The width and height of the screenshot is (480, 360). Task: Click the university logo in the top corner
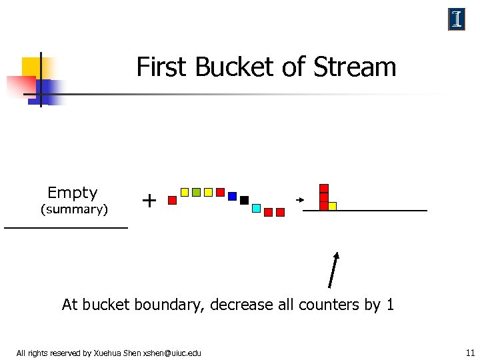pyautogui.click(x=457, y=20)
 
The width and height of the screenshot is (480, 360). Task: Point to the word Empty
pyautogui.click(x=73, y=193)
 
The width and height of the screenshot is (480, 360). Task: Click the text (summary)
pyautogui.click(x=74, y=210)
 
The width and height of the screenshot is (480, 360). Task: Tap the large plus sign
pyautogui.click(x=150, y=199)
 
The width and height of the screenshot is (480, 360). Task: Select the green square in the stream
pyautogui.click(x=196, y=192)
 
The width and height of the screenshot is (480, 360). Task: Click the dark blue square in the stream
pyautogui.click(x=232, y=196)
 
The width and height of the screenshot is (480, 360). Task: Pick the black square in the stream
pyautogui.click(x=244, y=200)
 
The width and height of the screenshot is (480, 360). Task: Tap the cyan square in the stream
pyautogui.click(x=256, y=208)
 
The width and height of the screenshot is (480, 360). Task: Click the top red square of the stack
pyautogui.click(x=324, y=188)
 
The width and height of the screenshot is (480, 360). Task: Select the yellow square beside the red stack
pyautogui.click(x=332, y=206)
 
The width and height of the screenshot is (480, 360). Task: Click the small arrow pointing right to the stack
pyautogui.click(x=300, y=199)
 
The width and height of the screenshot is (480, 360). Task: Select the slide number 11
pyautogui.click(x=470, y=353)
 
